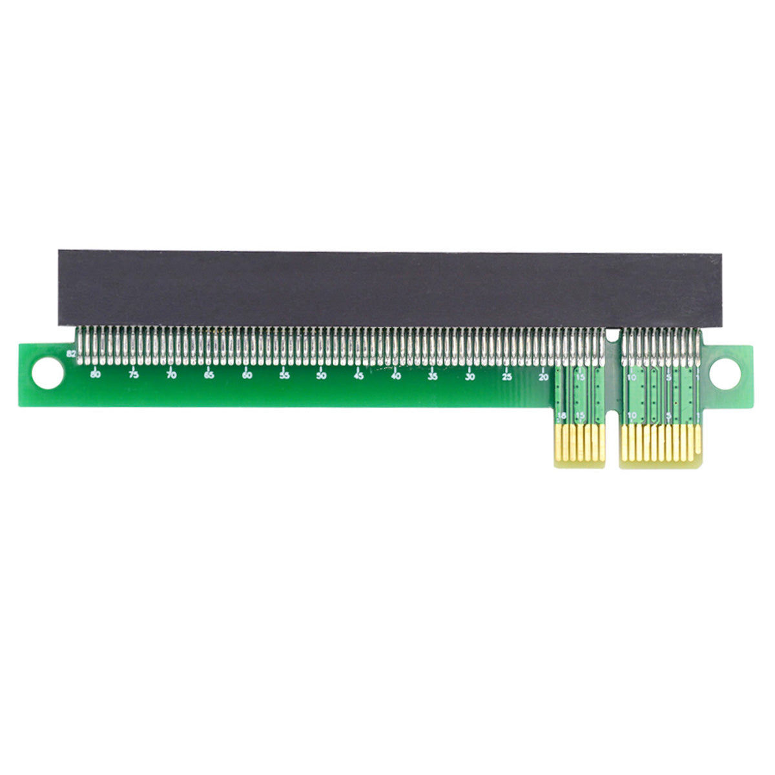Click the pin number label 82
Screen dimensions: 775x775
[71, 354]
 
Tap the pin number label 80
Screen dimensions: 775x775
[96, 375]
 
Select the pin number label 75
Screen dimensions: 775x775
[133, 375]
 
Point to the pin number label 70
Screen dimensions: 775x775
[171, 375]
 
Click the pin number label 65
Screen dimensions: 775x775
[209, 375]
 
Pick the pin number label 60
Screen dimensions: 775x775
[247, 375]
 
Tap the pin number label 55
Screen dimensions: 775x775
[284, 375]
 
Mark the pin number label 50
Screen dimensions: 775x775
[321, 375]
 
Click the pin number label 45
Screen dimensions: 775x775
[358, 375]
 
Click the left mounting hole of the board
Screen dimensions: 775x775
[47, 374]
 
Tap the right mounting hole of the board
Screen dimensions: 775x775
[725, 373]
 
